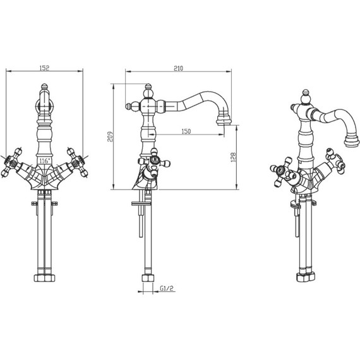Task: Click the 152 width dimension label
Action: tap(45, 68)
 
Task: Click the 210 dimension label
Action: tap(178, 68)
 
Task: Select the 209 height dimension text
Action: tap(111, 136)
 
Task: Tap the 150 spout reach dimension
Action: tap(186, 131)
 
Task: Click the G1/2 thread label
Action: tap(167, 288)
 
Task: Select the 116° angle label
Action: tap(44, 160)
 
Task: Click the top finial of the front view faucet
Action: tap(45, 87)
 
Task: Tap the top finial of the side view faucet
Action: tap(148, 87)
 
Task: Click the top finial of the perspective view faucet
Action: tap(305, 92)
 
